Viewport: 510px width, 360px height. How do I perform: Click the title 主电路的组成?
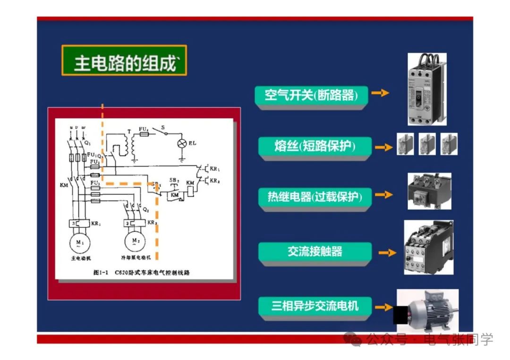pos(124,61)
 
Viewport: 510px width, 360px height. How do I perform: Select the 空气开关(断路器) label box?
pos(311,95)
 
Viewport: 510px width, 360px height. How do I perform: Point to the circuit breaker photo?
pos(426,89)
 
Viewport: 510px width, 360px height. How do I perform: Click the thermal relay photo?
pos(429,191)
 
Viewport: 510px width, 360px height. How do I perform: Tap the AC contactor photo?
pos(428,248)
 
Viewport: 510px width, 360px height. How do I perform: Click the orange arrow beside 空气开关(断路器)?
pos(380,93)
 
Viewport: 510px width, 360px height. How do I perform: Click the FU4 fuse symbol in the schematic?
pos(144,134)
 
